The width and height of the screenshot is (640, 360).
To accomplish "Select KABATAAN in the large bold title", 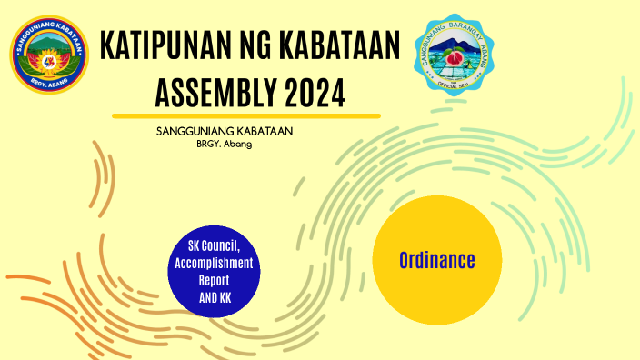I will point(344,46).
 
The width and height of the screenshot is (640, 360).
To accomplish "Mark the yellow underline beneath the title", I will point(245,115).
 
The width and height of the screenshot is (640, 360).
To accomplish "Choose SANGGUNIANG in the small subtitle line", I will point(193,131).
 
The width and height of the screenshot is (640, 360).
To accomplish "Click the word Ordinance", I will point(436,261).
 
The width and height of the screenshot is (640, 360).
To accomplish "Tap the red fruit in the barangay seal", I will point(462,62).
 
